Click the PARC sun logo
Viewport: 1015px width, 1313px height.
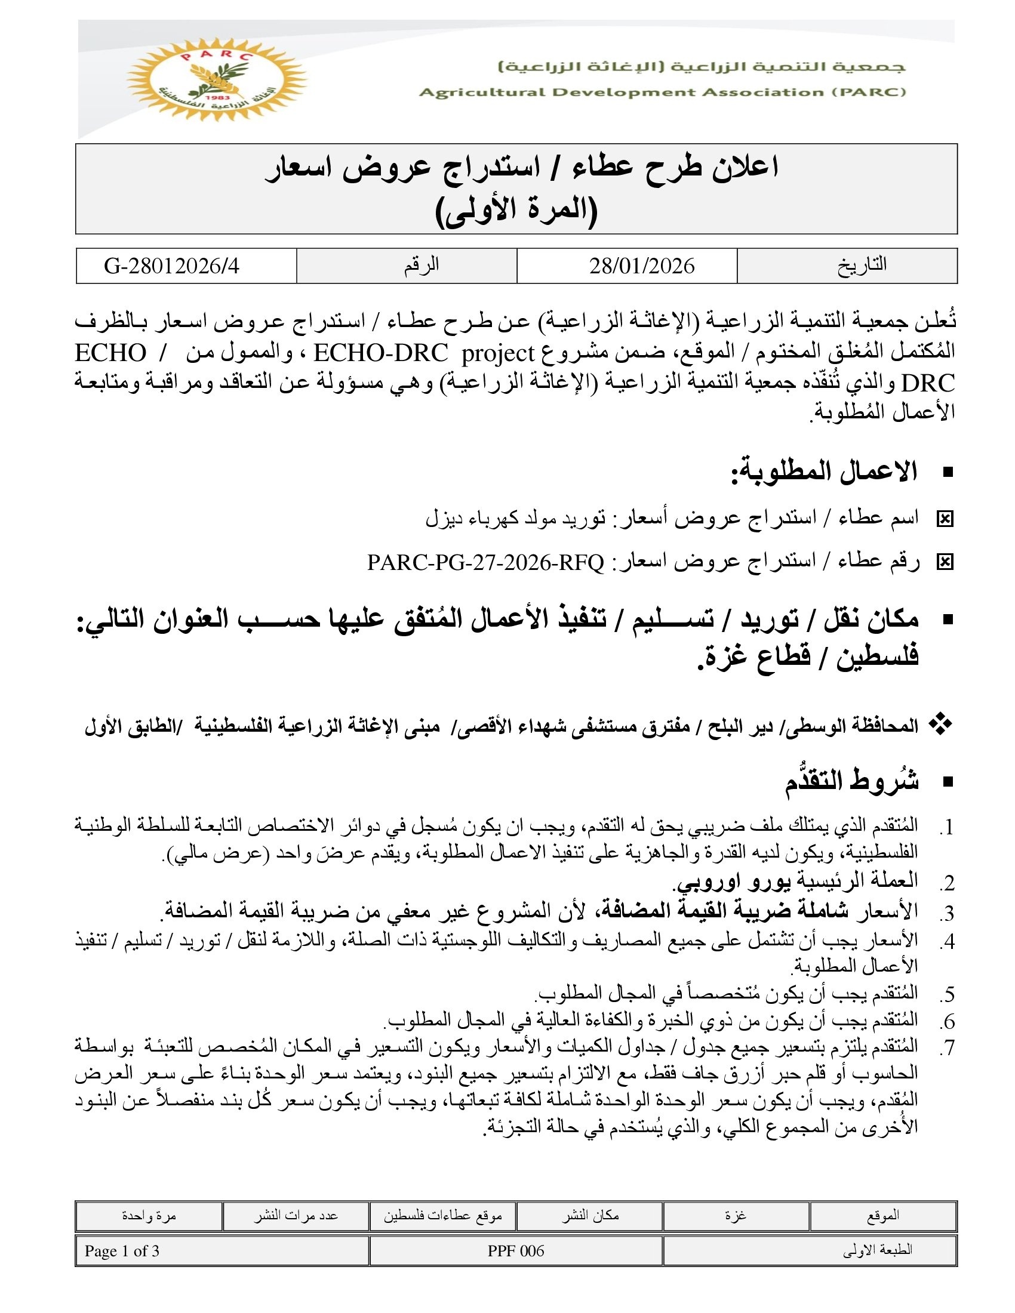217,80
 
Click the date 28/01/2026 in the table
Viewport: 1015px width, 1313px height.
642,266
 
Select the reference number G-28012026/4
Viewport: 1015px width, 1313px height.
172,266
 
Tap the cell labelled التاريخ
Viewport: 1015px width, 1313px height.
862,265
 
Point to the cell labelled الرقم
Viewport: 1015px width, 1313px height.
422,265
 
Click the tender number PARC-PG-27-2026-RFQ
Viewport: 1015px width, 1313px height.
485,562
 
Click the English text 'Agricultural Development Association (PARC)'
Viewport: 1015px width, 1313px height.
662,93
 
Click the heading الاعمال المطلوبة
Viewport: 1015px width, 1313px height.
824,472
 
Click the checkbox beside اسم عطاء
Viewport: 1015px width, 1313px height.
945,519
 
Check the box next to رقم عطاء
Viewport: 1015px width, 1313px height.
945,562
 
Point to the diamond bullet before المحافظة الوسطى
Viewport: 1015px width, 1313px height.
940,725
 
